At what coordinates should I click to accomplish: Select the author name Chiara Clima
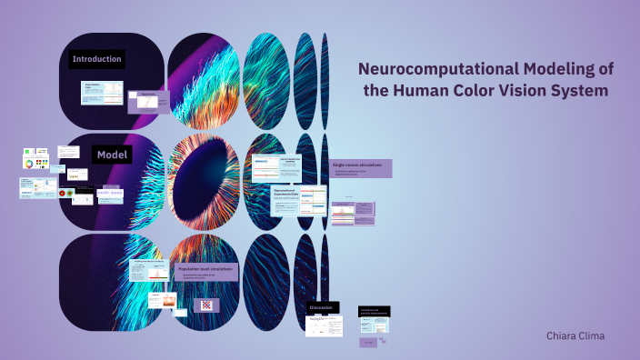point(575,335)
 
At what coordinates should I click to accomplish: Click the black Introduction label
point(97,60)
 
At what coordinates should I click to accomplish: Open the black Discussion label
point(323,308)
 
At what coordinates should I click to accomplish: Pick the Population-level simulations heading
point(205,270)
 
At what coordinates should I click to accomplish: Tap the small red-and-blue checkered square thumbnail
point(205,305)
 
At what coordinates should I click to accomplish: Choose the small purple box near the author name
point(369,343)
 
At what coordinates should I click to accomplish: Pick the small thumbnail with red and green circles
point(65,193)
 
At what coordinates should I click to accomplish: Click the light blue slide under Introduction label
point(102,93)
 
